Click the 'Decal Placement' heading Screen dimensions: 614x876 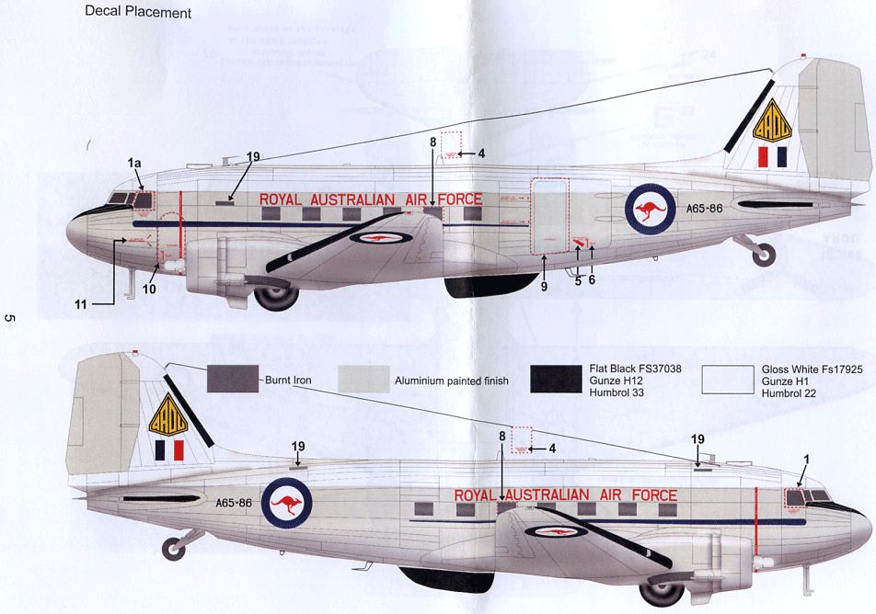point(138,13)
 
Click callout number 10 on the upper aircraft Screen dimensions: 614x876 point(148,290)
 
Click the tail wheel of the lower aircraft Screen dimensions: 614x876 point(173,549)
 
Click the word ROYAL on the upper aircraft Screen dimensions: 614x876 point(281,199)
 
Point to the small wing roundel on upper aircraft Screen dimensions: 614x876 point(377,238)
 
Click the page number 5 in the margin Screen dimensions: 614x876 point(10,318)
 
